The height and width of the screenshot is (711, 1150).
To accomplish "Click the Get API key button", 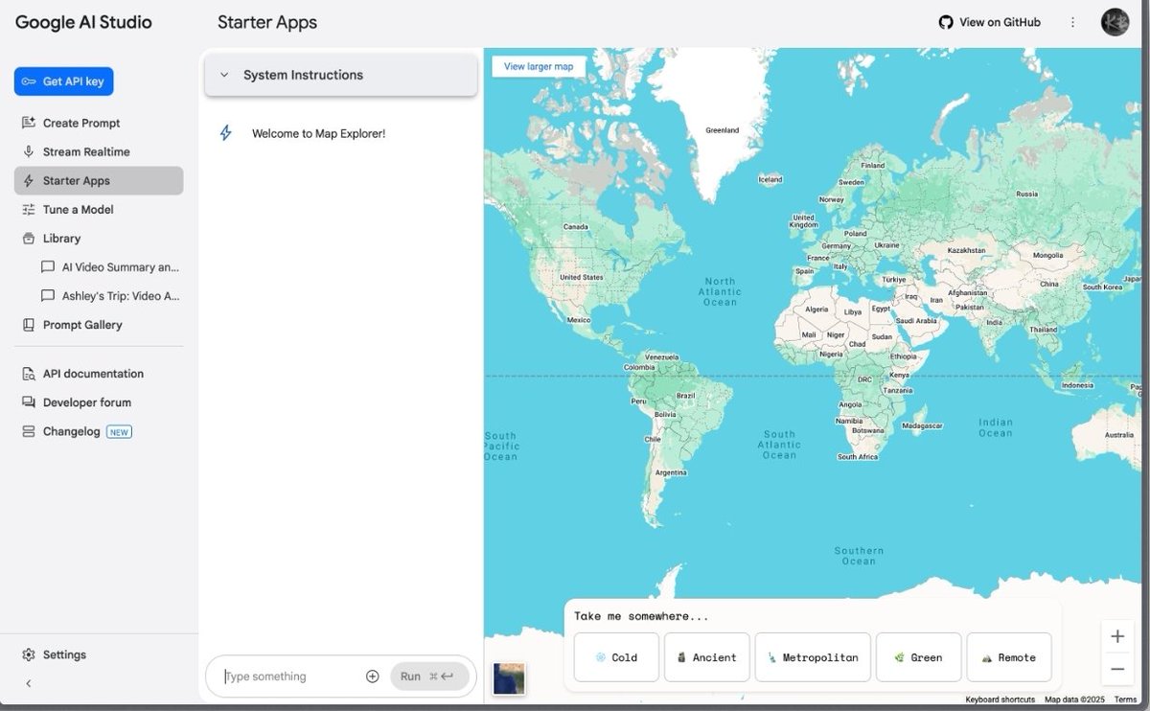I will [x=63, y=81].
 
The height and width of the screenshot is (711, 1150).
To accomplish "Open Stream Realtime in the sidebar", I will [x=86, y=151].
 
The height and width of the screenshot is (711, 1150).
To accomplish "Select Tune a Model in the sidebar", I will [x=78, y=209].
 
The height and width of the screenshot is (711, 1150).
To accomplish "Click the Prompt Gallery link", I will [x=81, y=325].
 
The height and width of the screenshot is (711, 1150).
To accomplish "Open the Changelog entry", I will [x=72, y=431].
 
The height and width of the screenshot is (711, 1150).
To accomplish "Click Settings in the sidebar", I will [x=64, y=654].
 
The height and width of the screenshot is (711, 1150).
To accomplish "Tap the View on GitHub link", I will [x=989, y=22].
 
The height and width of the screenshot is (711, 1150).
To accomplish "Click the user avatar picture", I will [x=1115, y=22].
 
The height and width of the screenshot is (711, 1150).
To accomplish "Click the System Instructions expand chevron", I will [x=224, y=75].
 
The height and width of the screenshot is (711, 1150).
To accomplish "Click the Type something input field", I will [x=287, y=677].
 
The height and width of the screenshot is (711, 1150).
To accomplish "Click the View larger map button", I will [x=539, y=66].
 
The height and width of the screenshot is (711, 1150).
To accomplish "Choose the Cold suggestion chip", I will [x=616, y=657].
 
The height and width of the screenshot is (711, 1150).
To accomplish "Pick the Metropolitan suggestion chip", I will [x=813, y=657].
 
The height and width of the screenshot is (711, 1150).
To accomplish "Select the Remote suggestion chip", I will [x=1008, y=657].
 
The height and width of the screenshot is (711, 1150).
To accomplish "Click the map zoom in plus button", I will [x=1117, y=636].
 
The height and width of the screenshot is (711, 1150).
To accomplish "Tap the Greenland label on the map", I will [x=722, y=130].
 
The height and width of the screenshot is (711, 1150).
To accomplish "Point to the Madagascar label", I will [x=923, y=425].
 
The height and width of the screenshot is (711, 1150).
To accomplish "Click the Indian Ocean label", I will [x=995, y=427].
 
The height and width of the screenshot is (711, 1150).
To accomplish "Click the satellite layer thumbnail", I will [x=508, y=678].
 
